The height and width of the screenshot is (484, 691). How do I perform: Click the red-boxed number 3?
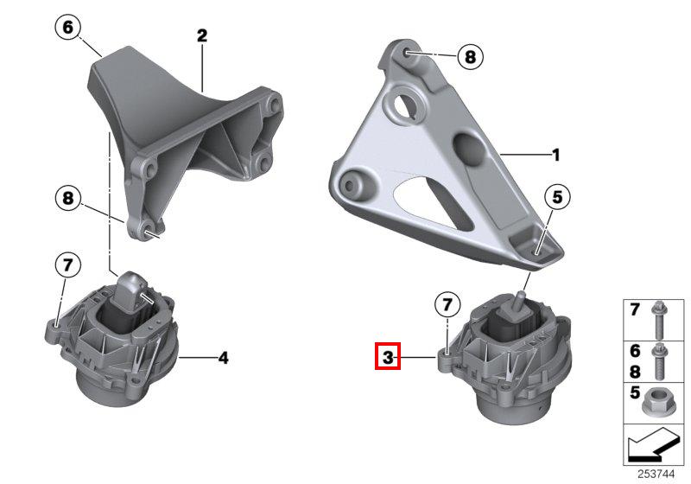tap(388, 356)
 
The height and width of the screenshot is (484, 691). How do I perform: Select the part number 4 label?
tap(224, 358)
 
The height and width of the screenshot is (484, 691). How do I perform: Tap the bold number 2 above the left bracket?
tap(202, 35)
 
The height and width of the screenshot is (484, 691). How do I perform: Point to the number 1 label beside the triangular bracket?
tap(556, 155)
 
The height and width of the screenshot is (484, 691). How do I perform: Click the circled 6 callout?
tap(68, 28)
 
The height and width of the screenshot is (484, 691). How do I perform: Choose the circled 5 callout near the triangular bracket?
tap(557, 197)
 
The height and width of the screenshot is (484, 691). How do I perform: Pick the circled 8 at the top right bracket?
tap(470, 56)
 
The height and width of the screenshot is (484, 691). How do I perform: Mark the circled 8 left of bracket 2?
tap(68, 197)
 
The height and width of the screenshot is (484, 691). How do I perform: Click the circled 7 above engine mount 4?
tap(67, 265)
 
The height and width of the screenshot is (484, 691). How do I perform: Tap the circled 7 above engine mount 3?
tap(447, 304)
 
